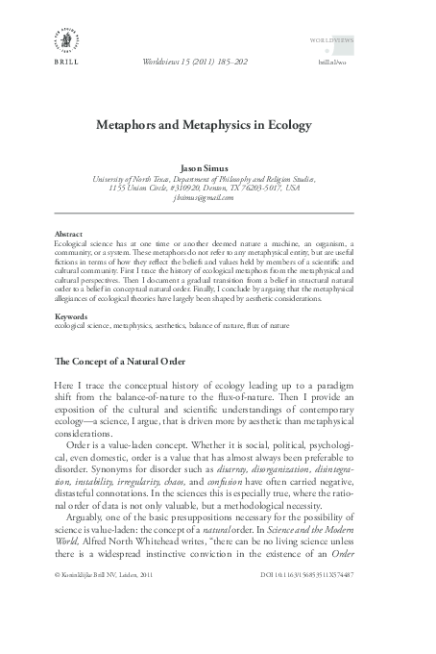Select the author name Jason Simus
click(x=218, y=167)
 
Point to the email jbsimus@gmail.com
click(x=217, y=197)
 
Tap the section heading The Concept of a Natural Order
click(x=125, y=361)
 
